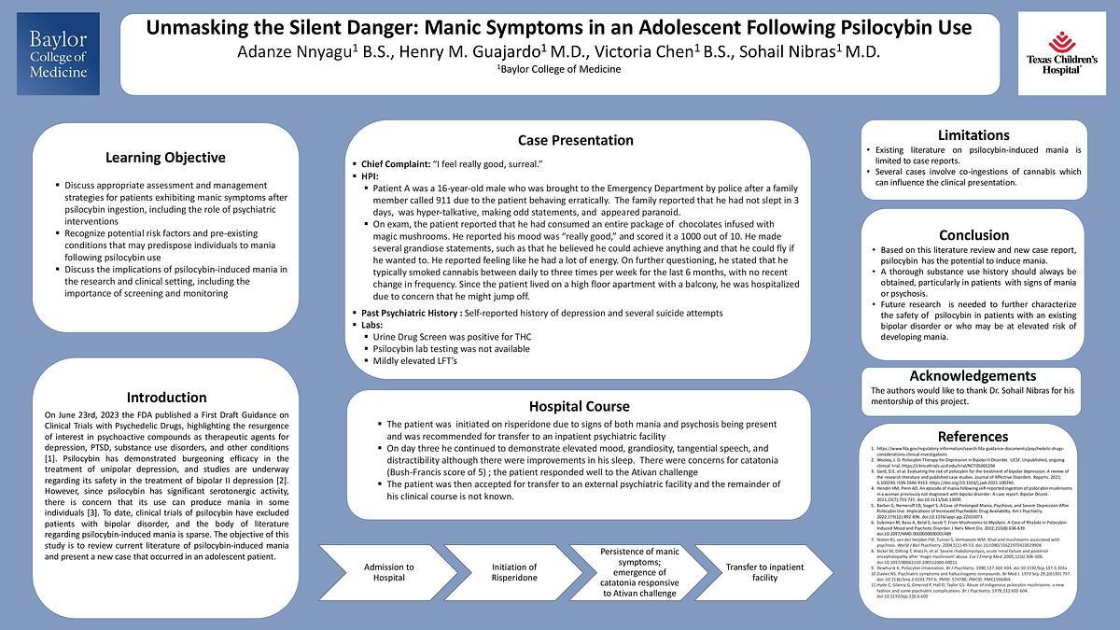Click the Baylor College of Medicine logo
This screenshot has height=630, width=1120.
tap(58, 53)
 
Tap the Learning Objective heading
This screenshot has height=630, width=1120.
tap(165, 157)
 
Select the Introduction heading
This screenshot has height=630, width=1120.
tap(167, 397)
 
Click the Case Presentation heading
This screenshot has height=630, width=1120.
tap(575, 140)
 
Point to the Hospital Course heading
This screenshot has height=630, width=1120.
tap(579, 406)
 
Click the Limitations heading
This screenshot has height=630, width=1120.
tap(973, 135)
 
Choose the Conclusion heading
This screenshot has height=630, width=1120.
tap(973, 235)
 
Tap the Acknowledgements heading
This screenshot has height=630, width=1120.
tap(973, 375)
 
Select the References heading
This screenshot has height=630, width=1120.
tap(973, 436)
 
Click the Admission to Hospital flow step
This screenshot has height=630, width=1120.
tap(388, 572)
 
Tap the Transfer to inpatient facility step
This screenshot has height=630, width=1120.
tap(763, 572)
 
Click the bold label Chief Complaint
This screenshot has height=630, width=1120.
tap(394, 163)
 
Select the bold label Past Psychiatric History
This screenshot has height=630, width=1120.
tap(410, 312)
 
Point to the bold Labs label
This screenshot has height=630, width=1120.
tap(372, 324)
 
